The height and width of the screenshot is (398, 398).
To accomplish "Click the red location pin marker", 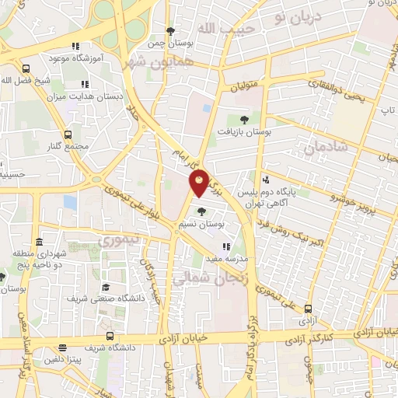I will tap(199, 183).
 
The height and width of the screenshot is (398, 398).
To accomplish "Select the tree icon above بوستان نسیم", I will tap(201, 211).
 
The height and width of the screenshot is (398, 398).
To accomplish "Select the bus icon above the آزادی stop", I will tap(309, 309).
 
